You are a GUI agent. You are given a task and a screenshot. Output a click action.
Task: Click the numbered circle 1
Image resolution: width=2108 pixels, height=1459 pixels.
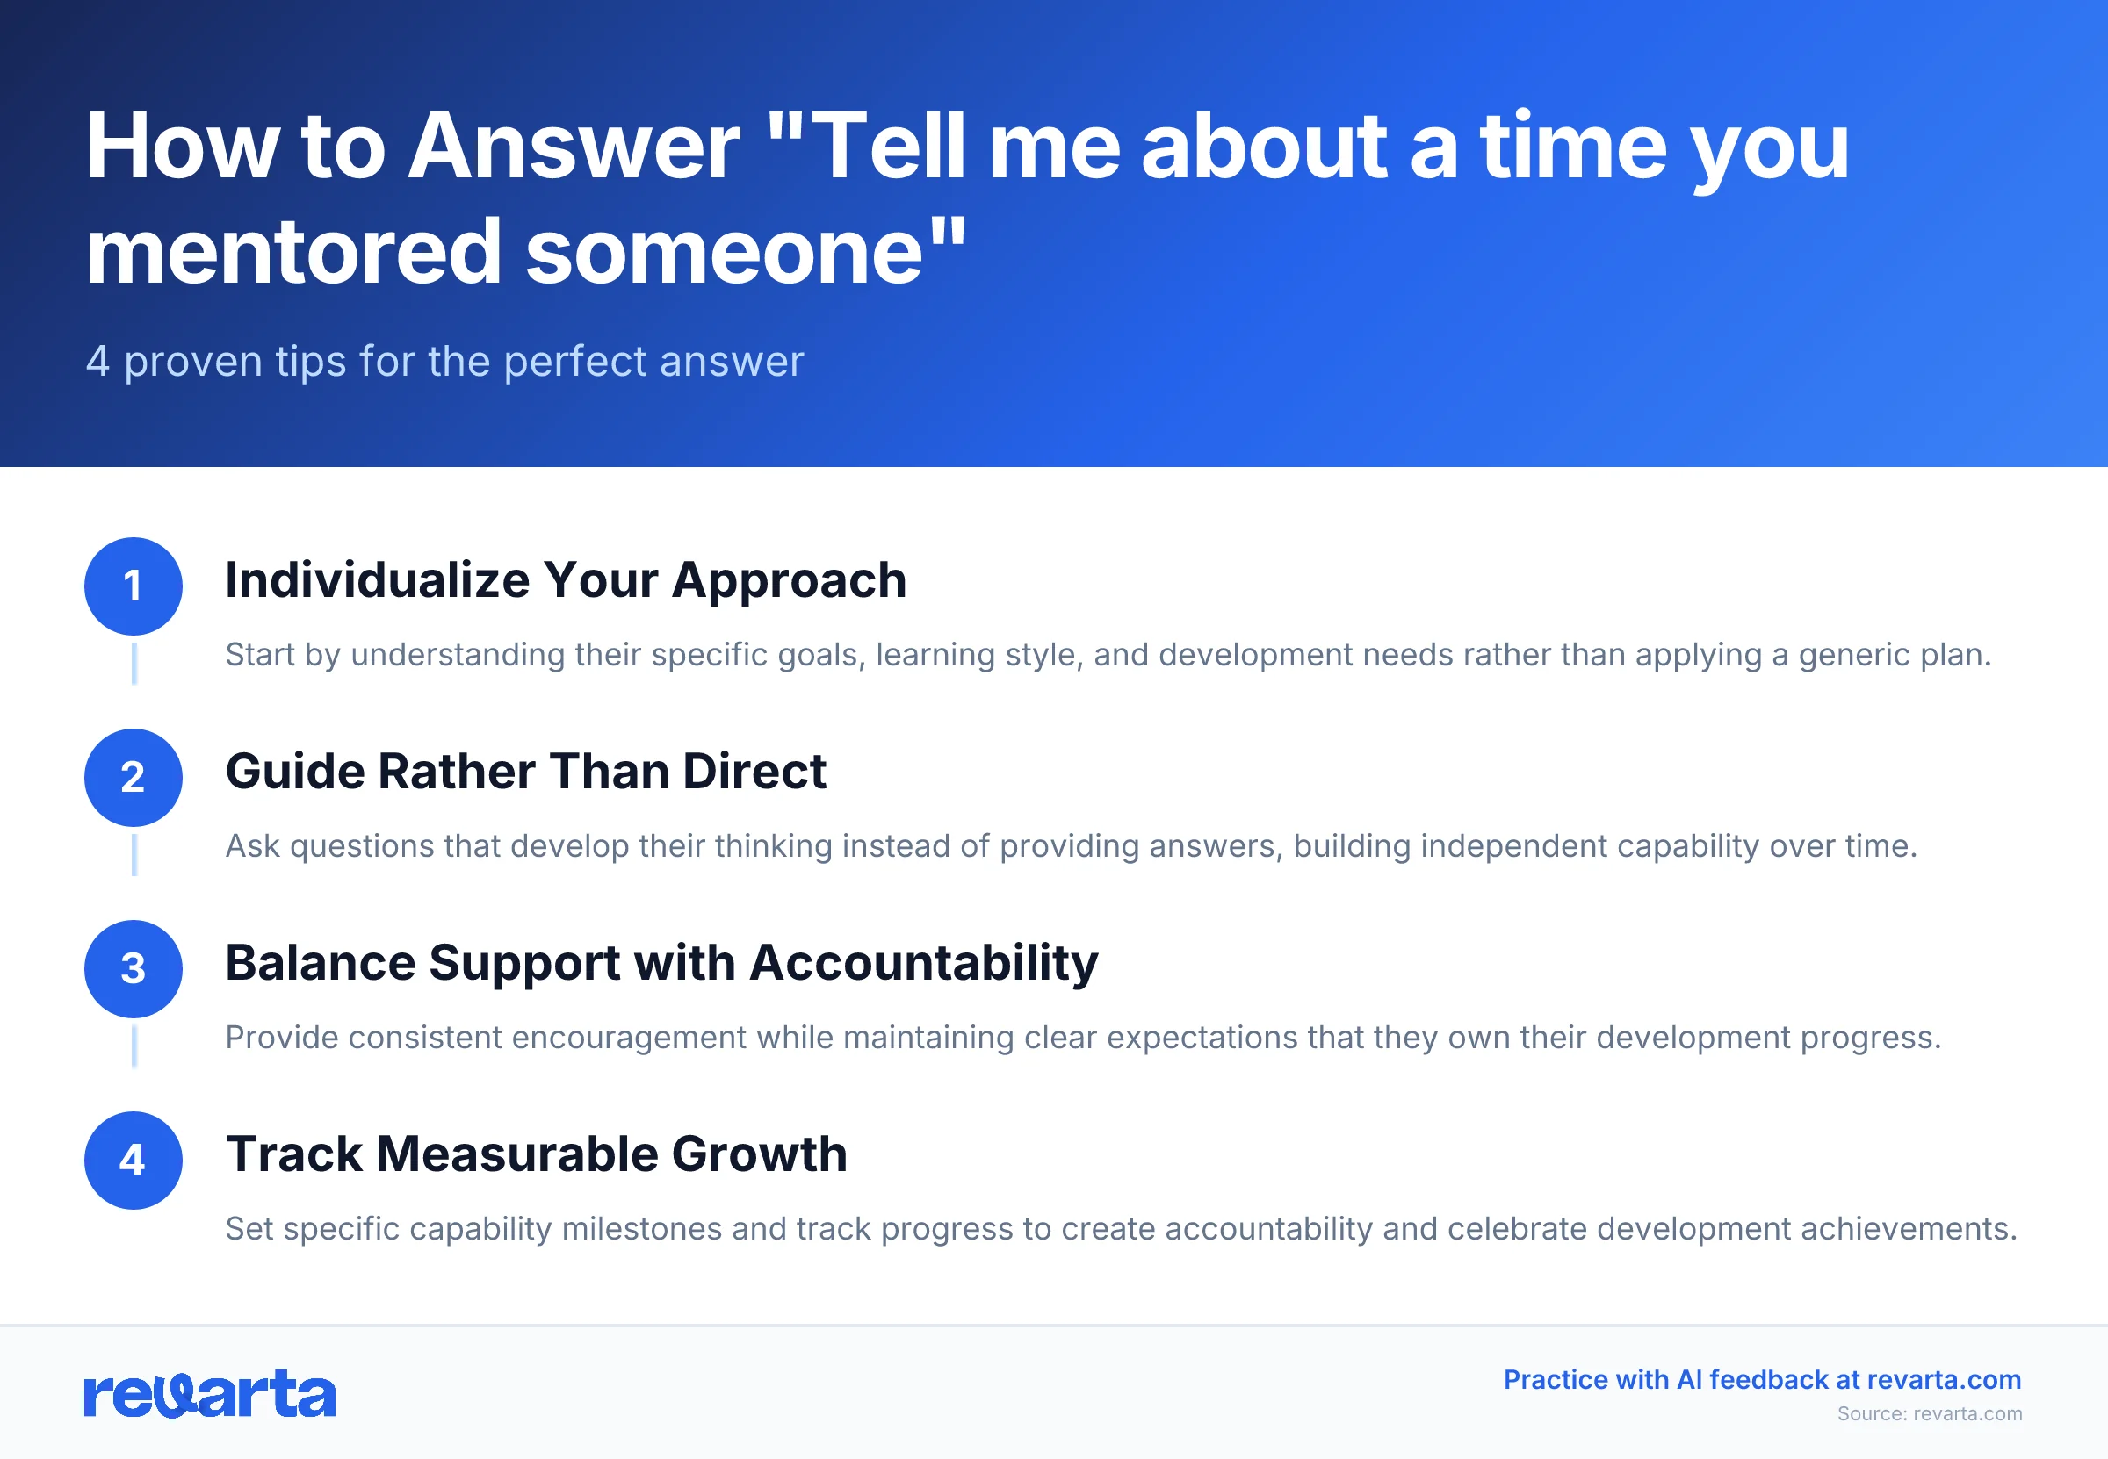click(134, 586)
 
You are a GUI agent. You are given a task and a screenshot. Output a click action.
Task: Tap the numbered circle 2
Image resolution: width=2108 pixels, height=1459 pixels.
click(134, 777)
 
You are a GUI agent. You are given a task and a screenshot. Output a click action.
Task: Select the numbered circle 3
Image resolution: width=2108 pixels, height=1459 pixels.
click(134, 969)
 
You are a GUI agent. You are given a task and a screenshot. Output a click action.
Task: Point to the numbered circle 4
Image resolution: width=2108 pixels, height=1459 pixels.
click(134, 1160)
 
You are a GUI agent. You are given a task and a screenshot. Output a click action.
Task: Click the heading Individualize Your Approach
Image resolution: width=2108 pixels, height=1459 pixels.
click(565, 580)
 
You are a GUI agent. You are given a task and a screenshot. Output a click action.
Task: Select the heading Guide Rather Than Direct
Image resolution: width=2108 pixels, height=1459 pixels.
click(525, 772)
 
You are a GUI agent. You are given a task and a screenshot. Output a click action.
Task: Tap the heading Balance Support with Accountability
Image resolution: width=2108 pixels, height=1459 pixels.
click(661, 963)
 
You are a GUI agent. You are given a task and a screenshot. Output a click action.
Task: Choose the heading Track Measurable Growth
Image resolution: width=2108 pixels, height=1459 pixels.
click(536, 1154)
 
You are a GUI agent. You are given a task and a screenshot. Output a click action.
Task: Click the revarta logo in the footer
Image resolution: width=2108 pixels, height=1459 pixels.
click(209, 1394)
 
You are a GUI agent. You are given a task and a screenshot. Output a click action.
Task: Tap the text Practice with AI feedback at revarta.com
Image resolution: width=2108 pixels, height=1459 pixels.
click(1761, 1379)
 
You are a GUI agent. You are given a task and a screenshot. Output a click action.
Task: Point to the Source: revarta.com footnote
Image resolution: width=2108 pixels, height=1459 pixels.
click(1929, 1413)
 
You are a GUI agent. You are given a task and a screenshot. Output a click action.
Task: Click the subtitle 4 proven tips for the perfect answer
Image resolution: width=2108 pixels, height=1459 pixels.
click(444, 361)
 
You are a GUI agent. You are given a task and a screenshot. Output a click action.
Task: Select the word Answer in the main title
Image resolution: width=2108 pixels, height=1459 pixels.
click(573, 147)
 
